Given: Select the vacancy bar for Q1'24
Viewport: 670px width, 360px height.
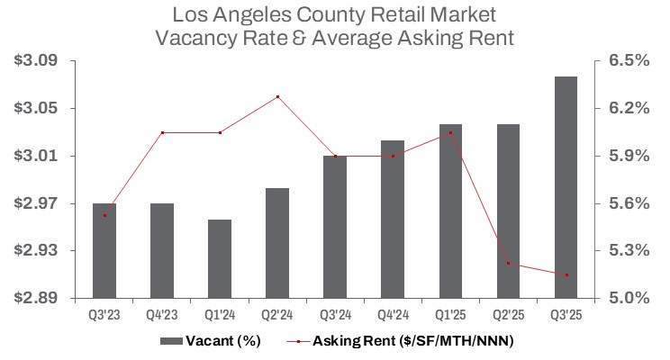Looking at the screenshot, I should point(220,258).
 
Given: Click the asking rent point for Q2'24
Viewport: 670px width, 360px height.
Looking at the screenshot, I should point(277,96).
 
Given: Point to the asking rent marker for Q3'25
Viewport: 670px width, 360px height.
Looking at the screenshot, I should point(566,274).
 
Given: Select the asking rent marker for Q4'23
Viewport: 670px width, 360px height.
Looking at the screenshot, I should point(162,132).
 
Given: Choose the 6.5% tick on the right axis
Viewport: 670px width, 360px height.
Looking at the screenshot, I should point(629,60).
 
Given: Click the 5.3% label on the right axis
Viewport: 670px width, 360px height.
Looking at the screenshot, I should point(629,250).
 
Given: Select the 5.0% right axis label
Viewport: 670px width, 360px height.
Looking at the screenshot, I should point(629,297).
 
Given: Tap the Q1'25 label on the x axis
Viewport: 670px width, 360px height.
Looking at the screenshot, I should point(450,315).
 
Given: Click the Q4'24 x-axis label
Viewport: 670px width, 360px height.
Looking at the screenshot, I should point(393,315).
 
